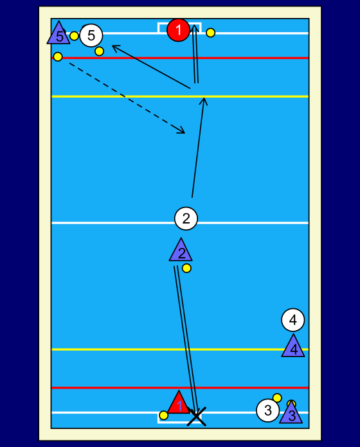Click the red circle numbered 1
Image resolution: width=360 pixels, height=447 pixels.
point(178,30)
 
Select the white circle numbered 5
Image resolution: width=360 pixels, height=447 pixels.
point(91,35)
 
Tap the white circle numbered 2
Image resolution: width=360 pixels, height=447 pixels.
point(186,218)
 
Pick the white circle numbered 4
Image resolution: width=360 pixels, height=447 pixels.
point(293,320)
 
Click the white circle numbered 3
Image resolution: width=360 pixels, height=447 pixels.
point(268,410)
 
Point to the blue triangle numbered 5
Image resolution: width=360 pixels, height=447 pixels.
point(59,33)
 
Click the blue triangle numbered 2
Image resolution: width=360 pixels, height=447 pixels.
point(181,251)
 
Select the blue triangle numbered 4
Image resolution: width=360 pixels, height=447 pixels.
point(293,347)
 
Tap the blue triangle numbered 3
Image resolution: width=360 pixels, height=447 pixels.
point(291,414)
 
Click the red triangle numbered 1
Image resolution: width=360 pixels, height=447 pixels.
point(179,403)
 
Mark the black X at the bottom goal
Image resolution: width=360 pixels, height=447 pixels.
point(196,417)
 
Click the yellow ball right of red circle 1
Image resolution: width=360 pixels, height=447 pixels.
point(210,33)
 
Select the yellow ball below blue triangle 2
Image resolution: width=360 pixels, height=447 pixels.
point(186,268)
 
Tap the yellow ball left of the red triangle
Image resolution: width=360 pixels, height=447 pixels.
point(164,416)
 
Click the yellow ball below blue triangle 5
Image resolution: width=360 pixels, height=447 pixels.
point(58,57)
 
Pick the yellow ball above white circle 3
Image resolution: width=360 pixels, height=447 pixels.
point(277,398)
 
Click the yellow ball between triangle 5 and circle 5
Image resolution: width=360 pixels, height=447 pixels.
point(74,36)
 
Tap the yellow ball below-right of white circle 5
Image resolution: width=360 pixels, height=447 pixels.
point(99,51)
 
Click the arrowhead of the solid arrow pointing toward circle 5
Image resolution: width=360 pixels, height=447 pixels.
point(115,48)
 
